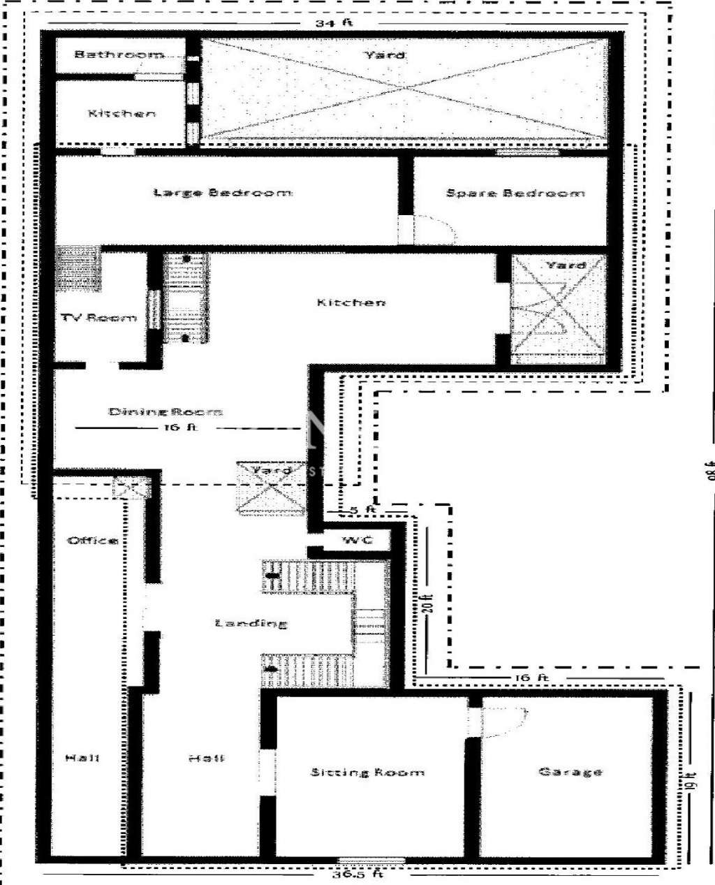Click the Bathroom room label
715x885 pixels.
tap(119, 54)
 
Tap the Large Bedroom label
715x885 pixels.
tap(223, 193)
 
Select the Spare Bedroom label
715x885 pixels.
tap(515, 193)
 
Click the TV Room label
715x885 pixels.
tap(98, 318)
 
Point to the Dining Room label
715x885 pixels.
tap(165, 411)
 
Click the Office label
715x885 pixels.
tap(92, 541)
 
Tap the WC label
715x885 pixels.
tap(357, 541)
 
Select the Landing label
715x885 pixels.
tap(251, 623)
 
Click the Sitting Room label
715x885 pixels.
tap(367, 773)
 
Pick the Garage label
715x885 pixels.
tap(570, 772)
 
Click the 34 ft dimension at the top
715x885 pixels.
tap(334, 23)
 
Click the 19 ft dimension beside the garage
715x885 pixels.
tap(690, 784)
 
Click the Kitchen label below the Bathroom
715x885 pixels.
tap(121, 113)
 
